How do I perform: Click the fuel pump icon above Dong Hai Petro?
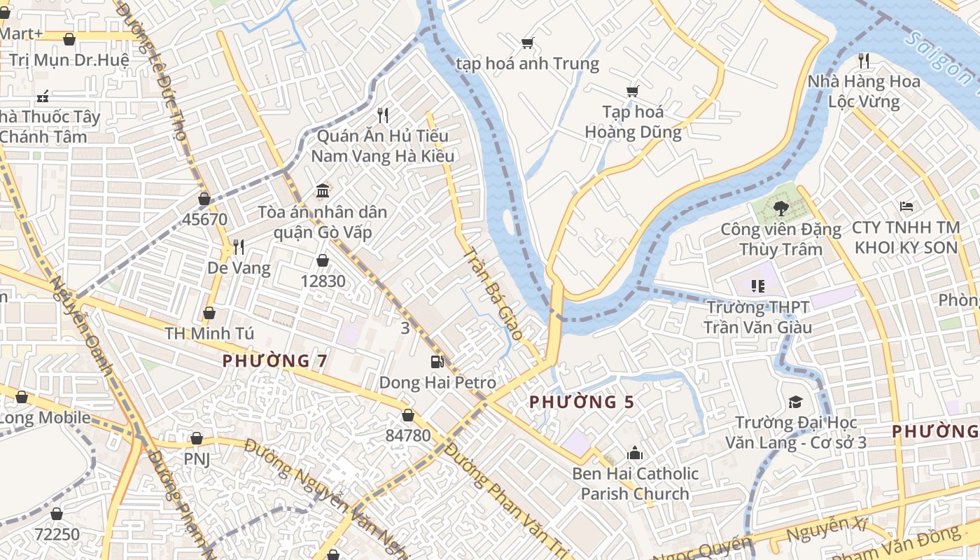[x=437, y=361]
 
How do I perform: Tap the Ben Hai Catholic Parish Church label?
[x=635, y=484]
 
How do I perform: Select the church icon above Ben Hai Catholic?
[x=635, y=452]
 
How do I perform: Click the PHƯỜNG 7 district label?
[x=275, y=361]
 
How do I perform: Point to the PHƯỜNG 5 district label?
[x=582, y=402]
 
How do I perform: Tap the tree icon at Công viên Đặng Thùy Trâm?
[x=780, y=208]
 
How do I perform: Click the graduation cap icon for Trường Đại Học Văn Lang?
[x=795, y=402]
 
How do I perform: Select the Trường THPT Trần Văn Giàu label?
[x=757, y=317]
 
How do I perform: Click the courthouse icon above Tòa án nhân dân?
[x=323, y=190]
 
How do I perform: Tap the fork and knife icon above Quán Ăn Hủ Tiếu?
[x=382, y=115]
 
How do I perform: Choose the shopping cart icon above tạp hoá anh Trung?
[x=528, y=43]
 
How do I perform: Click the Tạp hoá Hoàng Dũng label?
[x=633, y=122]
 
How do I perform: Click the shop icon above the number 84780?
[x=408, y=415]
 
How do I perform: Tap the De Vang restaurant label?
[x=239, y=268]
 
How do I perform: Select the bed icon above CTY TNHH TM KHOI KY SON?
[x=906, y=206]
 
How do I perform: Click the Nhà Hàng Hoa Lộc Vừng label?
[x=864, y=92]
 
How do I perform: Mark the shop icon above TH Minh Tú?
[x=209, y=313]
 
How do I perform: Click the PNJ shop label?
[x=197, y=459]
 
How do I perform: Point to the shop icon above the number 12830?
[x=323, y=260]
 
